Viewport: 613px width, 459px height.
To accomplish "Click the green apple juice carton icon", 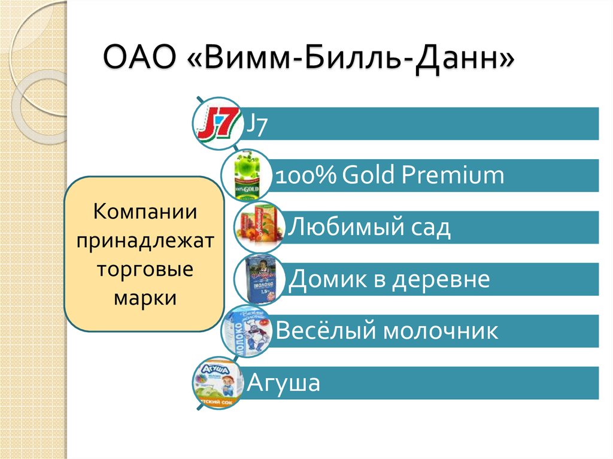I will [244, 175].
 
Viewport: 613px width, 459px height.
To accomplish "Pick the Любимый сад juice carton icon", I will [258, 227].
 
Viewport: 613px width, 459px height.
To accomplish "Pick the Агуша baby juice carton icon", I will [217, 383].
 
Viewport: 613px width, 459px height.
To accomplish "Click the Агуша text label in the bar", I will [284, 383].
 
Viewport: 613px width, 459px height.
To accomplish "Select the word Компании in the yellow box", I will [146, 212].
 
